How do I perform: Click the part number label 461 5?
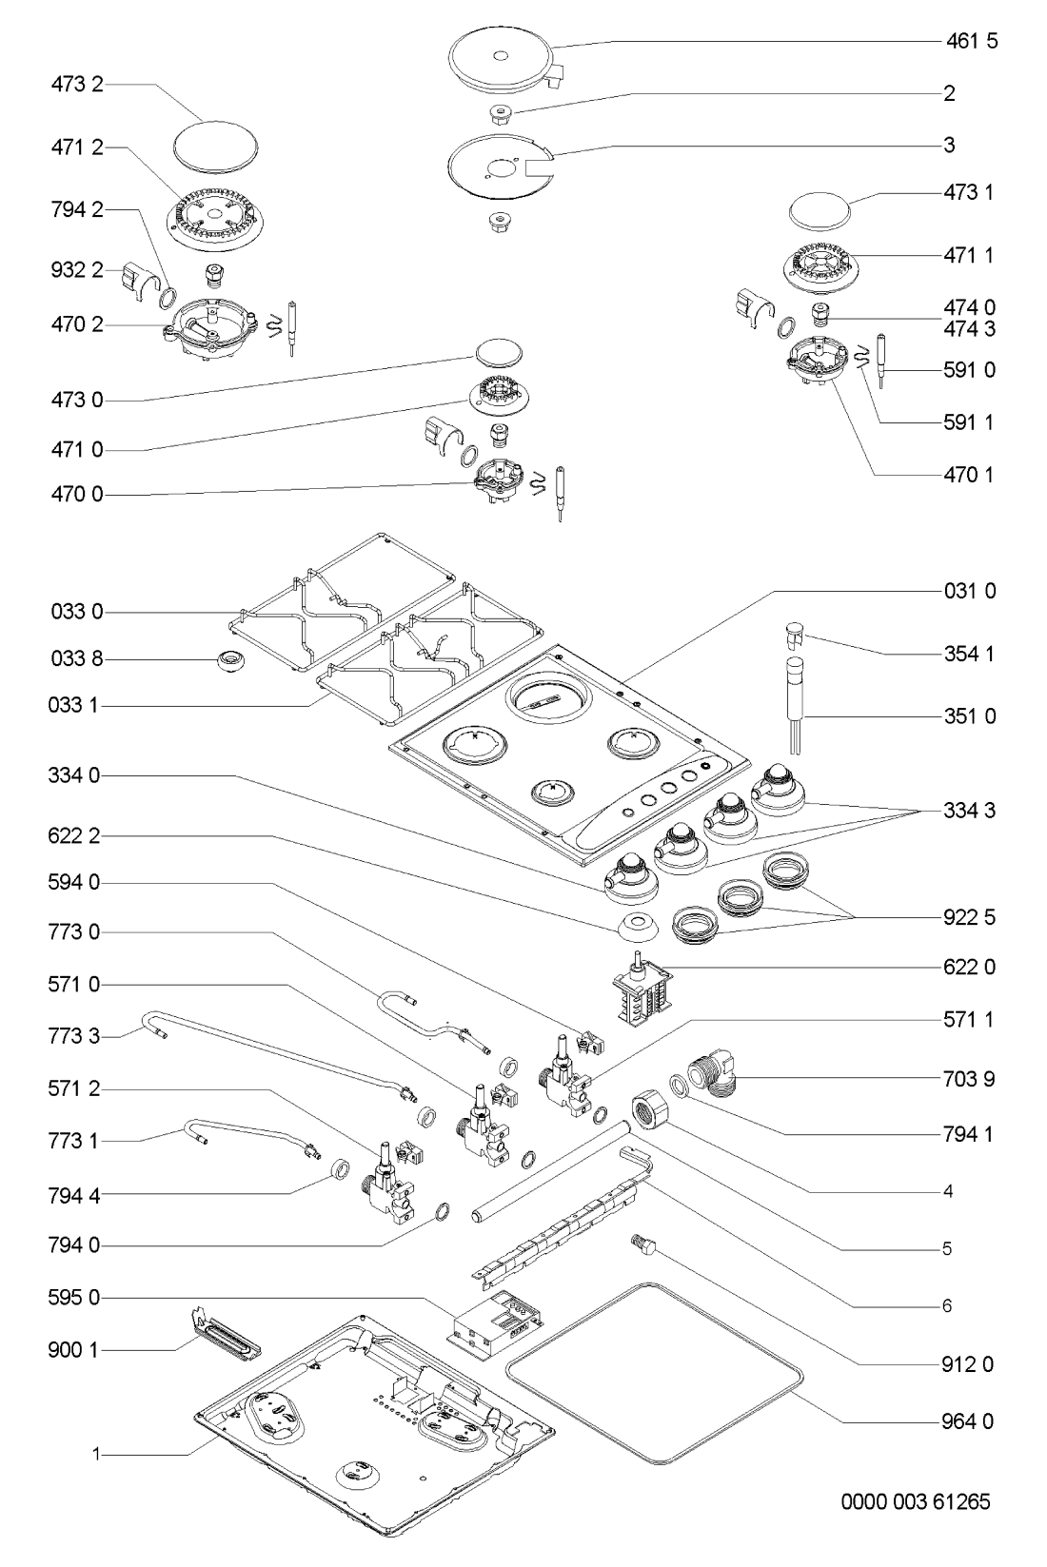[x=972, y=41]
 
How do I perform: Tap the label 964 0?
[x=968, y=1420]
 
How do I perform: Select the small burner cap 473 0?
[x=498, y=352]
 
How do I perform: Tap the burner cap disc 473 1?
[x=820, y=210]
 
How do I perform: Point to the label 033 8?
[x=76, y=659]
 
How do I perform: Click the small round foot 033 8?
[x=228, y=660]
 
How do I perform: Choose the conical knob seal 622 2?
[x=637, y=926]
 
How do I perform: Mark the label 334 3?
[x=969, y=810]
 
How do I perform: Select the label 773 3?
[x=75, y=1035]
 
